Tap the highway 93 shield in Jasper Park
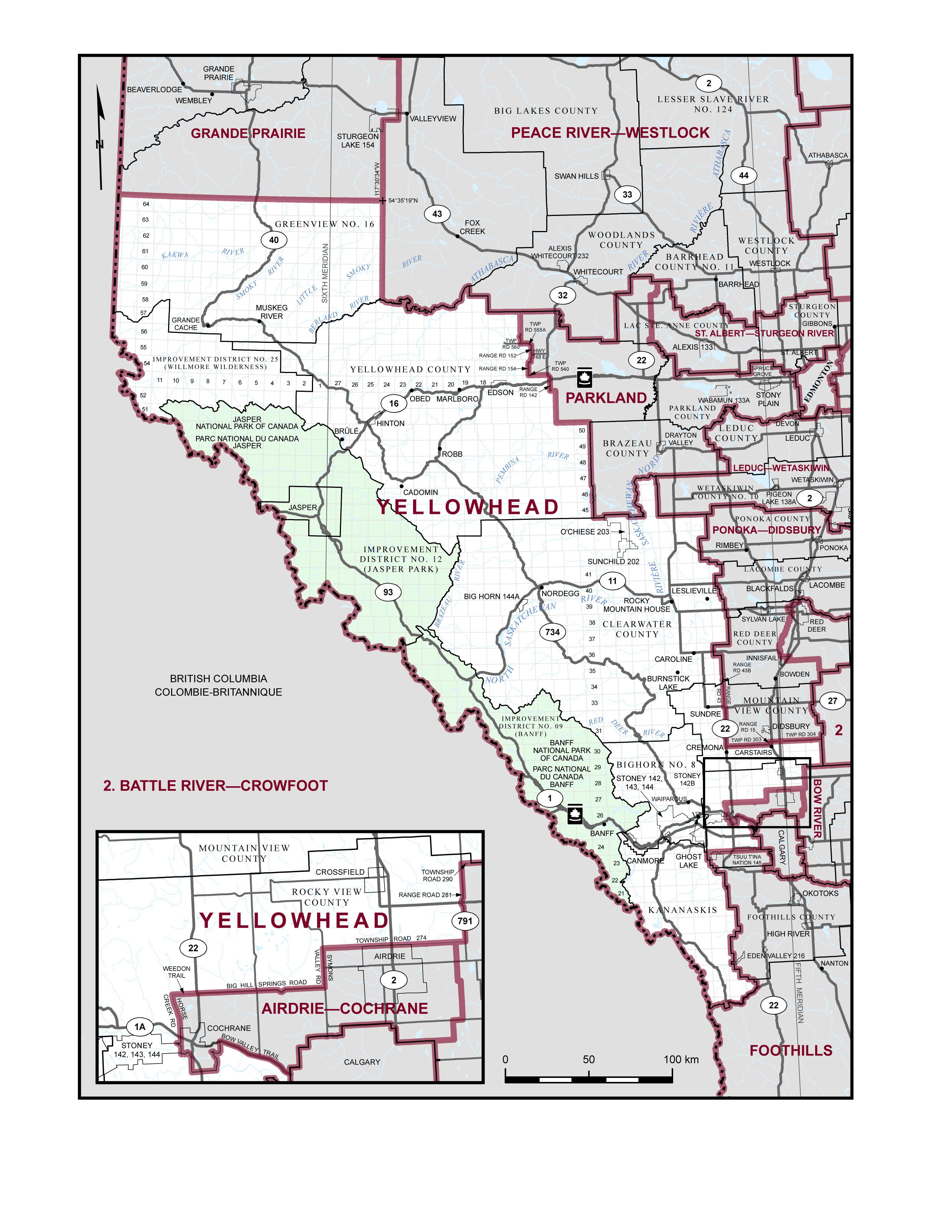[x=388, y=592]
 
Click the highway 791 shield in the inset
[x=465, y=921]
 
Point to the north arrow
[x=100, y=139]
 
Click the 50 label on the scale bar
[x=589, y=1059]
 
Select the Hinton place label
[x=391, y=423]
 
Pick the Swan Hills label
[x=576, y=176]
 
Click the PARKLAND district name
[x=606, y=398]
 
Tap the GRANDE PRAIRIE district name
[x=248, y=134]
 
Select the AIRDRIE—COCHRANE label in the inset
[x=345, y=1009]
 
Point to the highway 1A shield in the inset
[x=139, y=1027]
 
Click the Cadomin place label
[x=420, y=493]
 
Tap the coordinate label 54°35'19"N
[x=403, y=200]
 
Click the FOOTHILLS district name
[x=791, y=1051]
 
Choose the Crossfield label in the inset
[x=340, y=872]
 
